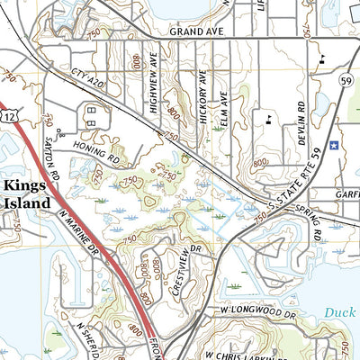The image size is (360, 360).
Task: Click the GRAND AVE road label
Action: [x=196, y=30]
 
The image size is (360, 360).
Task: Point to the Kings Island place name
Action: [x=27, y=193]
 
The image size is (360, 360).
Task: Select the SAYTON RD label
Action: [x=52, y=157]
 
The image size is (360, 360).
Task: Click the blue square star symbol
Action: [x=333, y=145]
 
